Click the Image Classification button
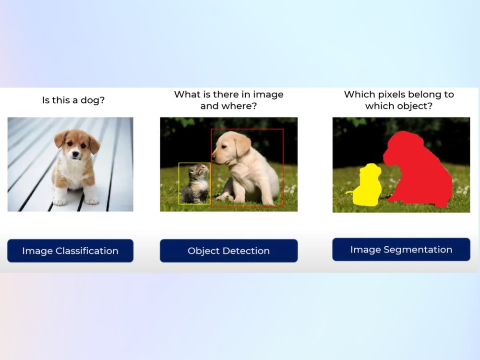(70, 251)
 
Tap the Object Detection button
(228, 251)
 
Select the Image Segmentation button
(401, 250)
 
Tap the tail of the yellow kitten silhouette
(350, 193)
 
